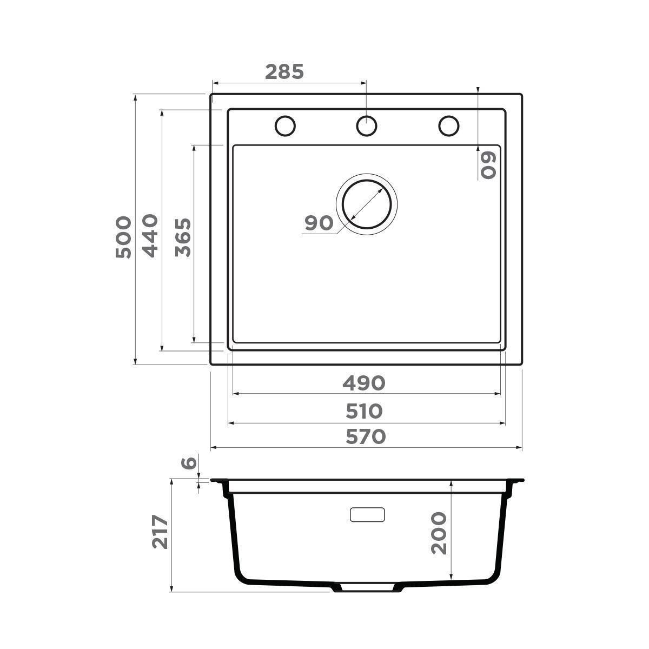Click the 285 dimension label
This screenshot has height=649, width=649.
pyautogui.click(x=285, y=71)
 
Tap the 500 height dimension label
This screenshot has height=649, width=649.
pyautogui.click(x=123, y=237)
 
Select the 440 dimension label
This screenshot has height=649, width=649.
pyautogui.click(x=150, y=236)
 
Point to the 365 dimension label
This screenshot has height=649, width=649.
pyautogui.click(x=183, y=237)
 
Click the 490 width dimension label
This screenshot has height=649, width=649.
pyautogui.click(x=363, y=383)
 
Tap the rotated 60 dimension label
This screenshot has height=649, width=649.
pyautogui.click(x=488, y=164)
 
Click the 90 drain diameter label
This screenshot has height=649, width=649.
pyautogui.click(x=319, y=223)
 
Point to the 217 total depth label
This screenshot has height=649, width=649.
pyautogui.click(x=160, y=532)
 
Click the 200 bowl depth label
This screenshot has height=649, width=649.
pyautogui.click(x=439, y=533)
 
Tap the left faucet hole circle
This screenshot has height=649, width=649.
pyautogui.click(x=285, y=125)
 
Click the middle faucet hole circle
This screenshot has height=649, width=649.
pyautogui.click(x=366, y=125)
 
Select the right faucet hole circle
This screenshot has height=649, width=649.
pyautogui.click(x=448, y=125)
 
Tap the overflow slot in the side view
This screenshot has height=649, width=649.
pyautogui.click(x=367, y=514)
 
